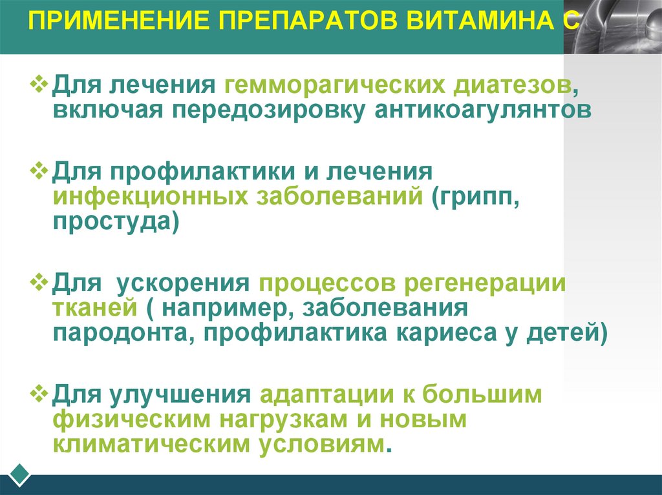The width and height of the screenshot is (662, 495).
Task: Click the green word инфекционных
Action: (151, 197)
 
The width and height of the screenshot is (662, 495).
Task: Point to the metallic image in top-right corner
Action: (612, 27)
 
